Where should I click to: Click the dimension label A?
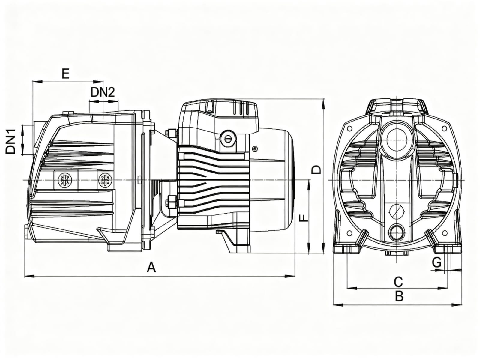[152, 267]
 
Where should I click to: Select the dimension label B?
[399, 296]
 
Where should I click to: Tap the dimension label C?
[398, 282]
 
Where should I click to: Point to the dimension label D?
[316, 169]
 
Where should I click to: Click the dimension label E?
[65, 73]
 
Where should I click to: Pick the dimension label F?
[304, 218]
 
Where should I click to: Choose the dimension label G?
[437, 263]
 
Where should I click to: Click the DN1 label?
[11, 141]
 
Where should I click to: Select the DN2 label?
[103, 92]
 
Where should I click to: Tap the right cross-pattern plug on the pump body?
[105, 180]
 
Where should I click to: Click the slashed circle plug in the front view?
[397, 211]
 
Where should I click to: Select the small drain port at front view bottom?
[397, 232]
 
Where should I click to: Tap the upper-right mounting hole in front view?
[444, 128]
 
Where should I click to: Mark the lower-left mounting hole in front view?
[349, 233]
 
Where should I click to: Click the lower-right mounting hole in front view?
[445, 233]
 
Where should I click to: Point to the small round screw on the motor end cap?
[255, 148]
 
